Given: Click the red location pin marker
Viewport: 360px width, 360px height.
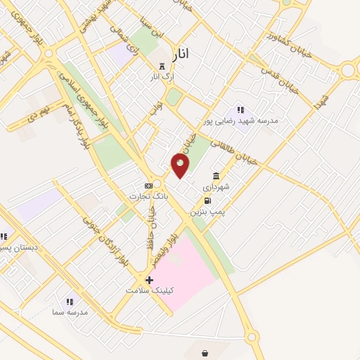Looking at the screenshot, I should tap(180, 165).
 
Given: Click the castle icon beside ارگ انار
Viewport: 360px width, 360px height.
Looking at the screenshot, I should tap(162, 67).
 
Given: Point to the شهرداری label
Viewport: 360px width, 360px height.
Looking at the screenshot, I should tap(217, 187).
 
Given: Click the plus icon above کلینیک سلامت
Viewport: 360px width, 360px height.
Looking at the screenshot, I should tap(149, 280).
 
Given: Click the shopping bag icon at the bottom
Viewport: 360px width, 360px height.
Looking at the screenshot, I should tap(205, 353).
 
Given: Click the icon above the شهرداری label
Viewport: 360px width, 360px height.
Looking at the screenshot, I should tap(215, 176).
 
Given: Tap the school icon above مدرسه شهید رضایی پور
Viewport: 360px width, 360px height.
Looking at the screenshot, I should tap(241, 110).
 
